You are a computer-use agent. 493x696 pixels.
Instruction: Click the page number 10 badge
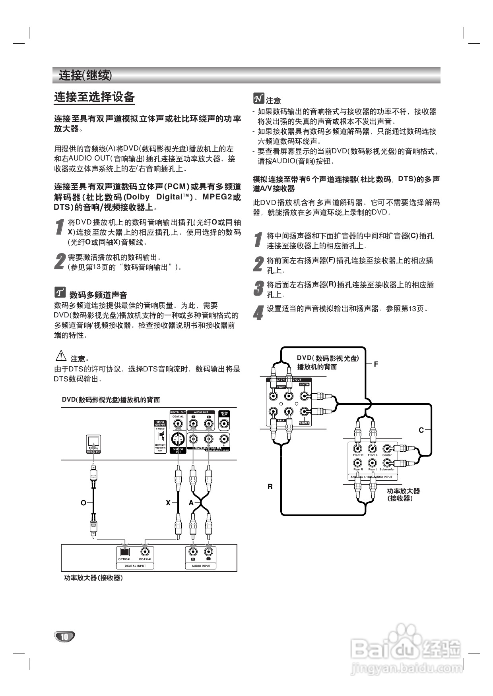click(x=64, y=637)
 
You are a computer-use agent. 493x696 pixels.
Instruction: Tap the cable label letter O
click(x=83, y=503)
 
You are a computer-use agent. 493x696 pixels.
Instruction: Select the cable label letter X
click(x=168, y=503)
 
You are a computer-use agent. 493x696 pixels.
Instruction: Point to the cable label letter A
click(x=191, y=503)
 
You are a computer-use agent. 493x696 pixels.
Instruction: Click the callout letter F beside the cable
click(x=376, y=364)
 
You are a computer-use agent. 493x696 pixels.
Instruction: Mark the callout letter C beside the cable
click(x=421, y=430)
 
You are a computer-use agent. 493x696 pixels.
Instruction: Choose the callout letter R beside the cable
click(x=270, y=486)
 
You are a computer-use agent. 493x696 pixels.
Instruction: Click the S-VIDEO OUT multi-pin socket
click(x=178, y=439)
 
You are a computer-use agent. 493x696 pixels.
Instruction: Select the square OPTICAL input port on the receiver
click(x=124, y=551)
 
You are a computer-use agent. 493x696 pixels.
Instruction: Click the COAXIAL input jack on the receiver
click(x=145, y=551)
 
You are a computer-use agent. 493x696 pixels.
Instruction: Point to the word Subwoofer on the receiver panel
click(x=387, y=469)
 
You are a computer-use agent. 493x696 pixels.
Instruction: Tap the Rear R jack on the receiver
click(x=358, y=463)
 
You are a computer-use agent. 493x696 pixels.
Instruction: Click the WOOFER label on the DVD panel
click(x=304, y=423)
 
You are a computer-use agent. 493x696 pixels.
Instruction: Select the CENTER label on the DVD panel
click(x=304, y=385)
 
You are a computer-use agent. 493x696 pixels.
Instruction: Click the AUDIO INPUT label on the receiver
click(x=201, y=566)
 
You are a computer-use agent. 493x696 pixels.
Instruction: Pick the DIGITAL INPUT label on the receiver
click(x=135, y=566)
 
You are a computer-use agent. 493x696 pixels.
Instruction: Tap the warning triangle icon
click(x=61, y=356)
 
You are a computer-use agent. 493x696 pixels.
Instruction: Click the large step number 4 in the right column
click(x=259, y=313)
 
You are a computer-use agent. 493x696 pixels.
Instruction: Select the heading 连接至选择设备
click(x=94, y=97)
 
